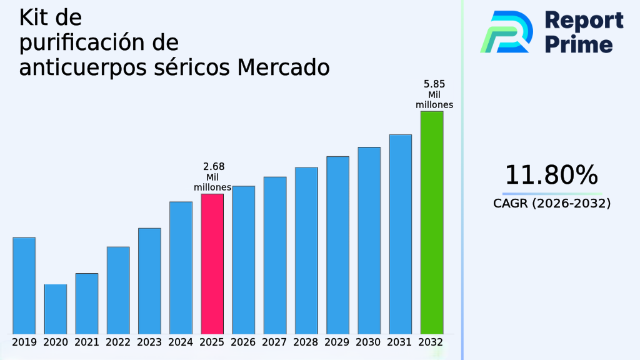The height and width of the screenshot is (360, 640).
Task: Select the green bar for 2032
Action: coord(432,222)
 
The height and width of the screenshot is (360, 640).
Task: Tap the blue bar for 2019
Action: coord(24,285)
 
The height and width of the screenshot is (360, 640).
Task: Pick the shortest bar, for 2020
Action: coord(56,309)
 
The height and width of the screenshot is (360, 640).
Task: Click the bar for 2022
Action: coord(118,290)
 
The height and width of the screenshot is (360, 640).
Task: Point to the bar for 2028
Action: coord(306,250)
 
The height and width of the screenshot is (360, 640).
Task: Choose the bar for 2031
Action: coord(401,234)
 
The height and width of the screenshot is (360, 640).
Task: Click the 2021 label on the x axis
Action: coord(87,342)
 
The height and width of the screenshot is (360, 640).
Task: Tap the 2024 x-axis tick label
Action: coord(181,342)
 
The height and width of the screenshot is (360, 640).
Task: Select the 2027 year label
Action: coord(275,342)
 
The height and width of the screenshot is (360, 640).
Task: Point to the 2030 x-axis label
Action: coord(369,342)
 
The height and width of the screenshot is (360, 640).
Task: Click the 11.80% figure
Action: coord(551,175)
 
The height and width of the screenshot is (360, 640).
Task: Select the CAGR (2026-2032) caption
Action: coord(551,204)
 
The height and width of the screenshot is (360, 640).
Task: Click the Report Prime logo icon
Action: coord(506,32)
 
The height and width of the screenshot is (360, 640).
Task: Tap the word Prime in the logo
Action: coord(579,44)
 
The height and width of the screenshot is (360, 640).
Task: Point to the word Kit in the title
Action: coord(34,18)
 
